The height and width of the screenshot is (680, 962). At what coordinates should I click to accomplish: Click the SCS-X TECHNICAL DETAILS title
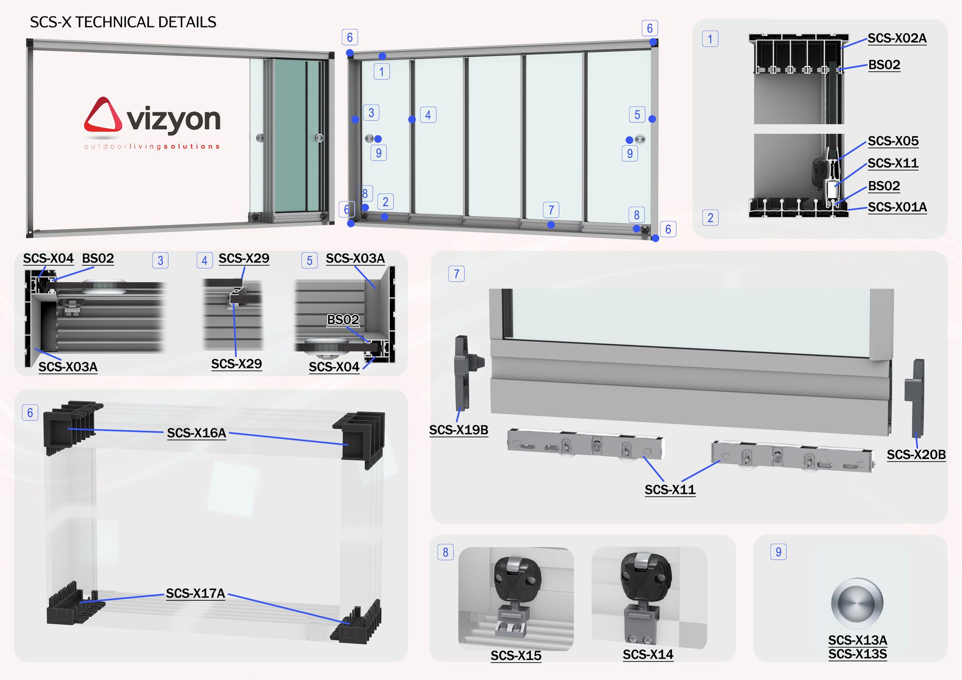click(x=123, y=22)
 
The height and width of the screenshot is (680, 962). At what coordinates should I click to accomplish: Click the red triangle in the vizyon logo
click(x=103, y=115)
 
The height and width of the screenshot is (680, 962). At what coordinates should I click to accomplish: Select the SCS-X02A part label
click(x=897, y=39)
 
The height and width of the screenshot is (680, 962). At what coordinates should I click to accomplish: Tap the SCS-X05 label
click(x=893, y=141)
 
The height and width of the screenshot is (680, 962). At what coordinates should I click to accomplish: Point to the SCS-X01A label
click(x=897, y=207)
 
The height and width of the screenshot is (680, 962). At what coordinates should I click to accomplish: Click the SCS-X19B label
click(x=458, y=430)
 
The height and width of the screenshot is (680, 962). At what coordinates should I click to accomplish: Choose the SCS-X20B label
click(x=916, y=455)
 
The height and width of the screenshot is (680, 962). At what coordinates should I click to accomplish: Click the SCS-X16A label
click(x=196, y=433)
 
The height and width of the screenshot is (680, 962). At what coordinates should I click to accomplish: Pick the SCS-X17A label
click(x=195, y=593)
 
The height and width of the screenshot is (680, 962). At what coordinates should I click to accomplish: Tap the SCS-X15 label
click(x=516, y=655)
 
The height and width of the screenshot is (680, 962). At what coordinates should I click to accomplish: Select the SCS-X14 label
click(x=648, y=654)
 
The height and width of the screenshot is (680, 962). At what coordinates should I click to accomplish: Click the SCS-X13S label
click(x=857, y=654)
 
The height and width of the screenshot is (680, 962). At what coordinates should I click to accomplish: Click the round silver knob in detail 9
click(x=857, y=603)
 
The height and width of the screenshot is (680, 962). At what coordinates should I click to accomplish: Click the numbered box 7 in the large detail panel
click(x=456, y=274)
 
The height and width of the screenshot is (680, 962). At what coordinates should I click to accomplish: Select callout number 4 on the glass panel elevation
click(x=428, y=115)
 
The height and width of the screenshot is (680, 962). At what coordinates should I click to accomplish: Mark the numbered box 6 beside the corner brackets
click(x=30, y=412)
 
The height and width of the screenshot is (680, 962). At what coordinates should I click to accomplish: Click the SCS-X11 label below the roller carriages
click(x=670, y=490)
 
